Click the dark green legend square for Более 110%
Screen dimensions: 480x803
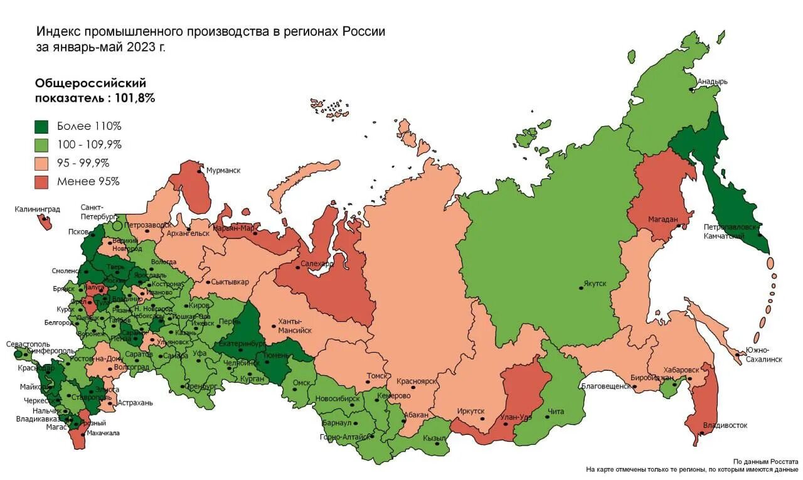click(x=41, y=126)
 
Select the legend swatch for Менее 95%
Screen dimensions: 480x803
click(x=41, y=182)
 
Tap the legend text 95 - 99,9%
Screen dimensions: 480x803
click(x=83, y=163)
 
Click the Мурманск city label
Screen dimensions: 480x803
click(x=223, y=170)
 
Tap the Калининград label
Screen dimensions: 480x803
click(x=38, y=209)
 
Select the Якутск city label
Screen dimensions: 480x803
click(x=595, y=284)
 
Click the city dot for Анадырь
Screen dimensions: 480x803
click(x=692, y=90)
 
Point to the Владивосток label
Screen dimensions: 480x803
click(x=725, y=425)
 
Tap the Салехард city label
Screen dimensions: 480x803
click(x=317, y=264)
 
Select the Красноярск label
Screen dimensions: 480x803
click(x=417, y=381)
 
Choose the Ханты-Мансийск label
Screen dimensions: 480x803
click(x=294, y=326)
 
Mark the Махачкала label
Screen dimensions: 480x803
click(x=103, y=433)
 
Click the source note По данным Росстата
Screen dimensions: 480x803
click(x=765, y=461)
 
